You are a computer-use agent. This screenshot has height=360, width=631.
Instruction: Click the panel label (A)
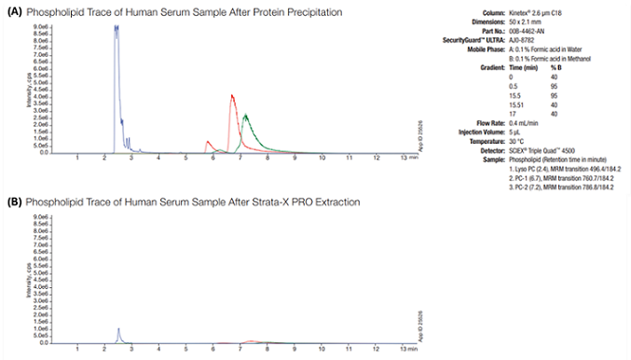(14, 11)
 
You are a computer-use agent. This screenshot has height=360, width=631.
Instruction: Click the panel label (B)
(14, 201)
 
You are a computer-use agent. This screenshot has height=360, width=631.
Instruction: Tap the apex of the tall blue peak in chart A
(117, 27)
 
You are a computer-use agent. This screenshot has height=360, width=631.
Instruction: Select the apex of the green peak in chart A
(245, 116)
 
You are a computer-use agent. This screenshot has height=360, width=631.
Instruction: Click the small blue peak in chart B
(118, 329)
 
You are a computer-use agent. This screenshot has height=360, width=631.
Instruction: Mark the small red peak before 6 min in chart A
(208, 142)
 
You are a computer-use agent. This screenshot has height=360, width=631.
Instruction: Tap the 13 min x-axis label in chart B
(405, 349)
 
